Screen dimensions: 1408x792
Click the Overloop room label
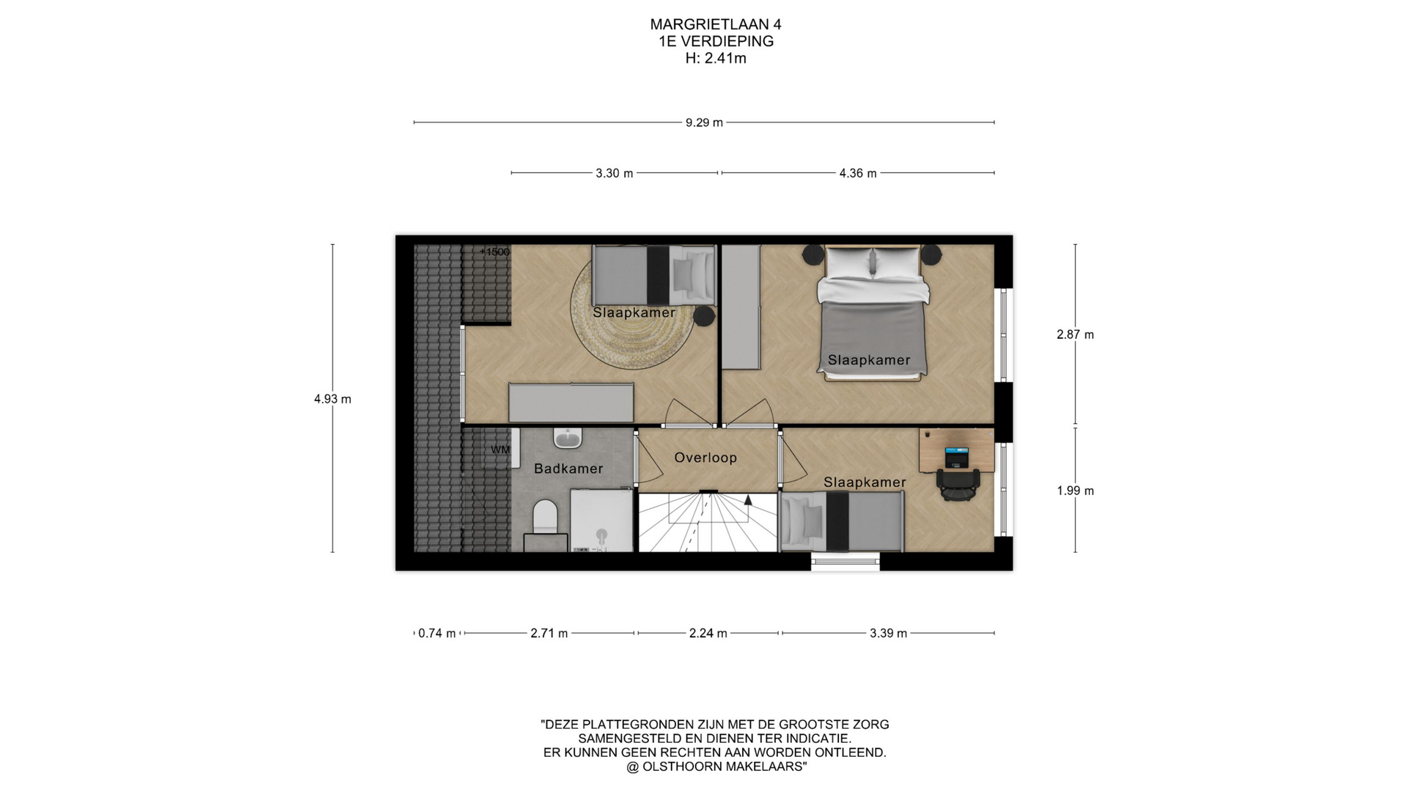pos(705,458)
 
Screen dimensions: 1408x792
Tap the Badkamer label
pos(568,469)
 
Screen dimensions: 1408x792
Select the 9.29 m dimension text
pos(704,122)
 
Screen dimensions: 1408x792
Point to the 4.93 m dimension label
pos(332,399)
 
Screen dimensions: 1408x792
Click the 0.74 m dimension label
pos(437,634)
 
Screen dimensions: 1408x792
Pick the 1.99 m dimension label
pos(1075,491)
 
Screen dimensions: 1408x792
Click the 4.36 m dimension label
pos(858,174)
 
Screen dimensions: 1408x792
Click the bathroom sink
pos(568,438)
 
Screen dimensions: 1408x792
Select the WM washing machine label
pos(500,450)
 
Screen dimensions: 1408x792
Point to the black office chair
pos(958,484)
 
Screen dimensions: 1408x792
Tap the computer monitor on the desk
pos(956,455)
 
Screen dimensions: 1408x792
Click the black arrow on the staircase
pos(748,500)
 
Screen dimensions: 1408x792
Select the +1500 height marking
pos(495,252)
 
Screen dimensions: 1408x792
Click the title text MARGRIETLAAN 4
pos(716,24)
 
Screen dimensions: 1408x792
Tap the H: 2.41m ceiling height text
pos(716,59)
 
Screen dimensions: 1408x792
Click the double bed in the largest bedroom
pos(873,313)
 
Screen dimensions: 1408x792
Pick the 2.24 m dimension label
pos(708,634)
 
